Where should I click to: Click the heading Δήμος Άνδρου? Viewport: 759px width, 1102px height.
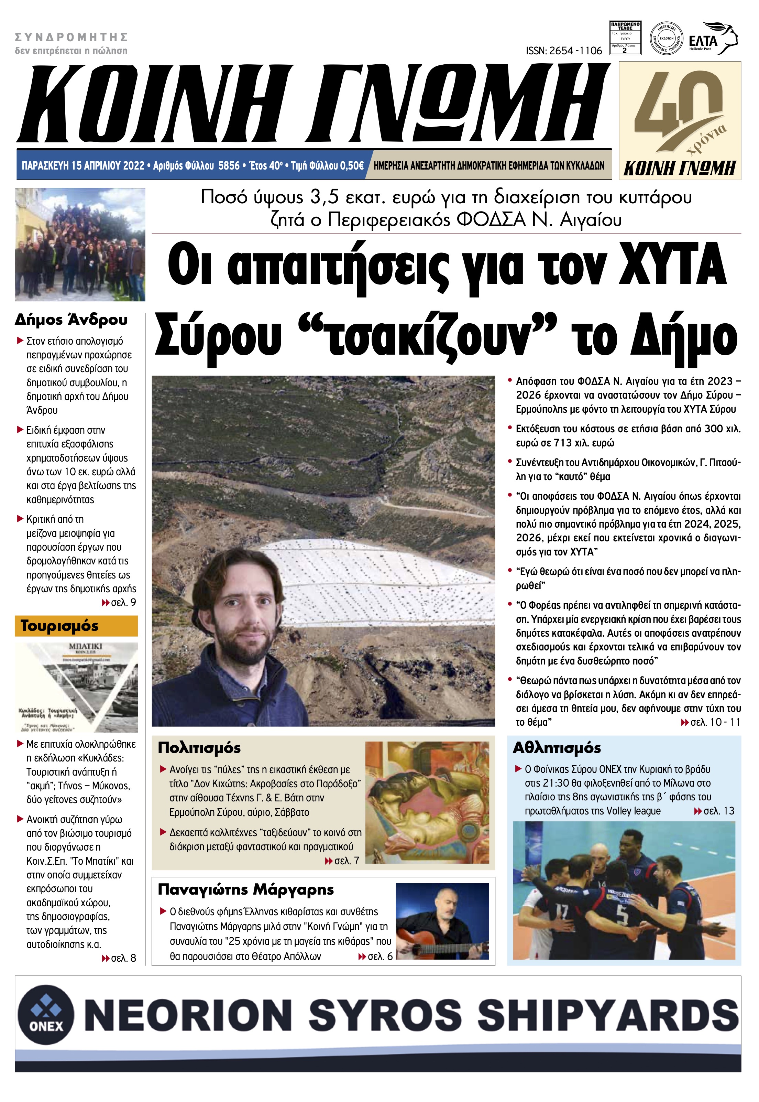pyautogui.click(x=71, y=320)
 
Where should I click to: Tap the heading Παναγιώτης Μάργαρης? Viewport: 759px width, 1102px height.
pyautogui.click(x=246, y=889)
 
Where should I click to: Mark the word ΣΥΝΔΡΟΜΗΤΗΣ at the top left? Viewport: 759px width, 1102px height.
pyautogui.click(x=71, y=37)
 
